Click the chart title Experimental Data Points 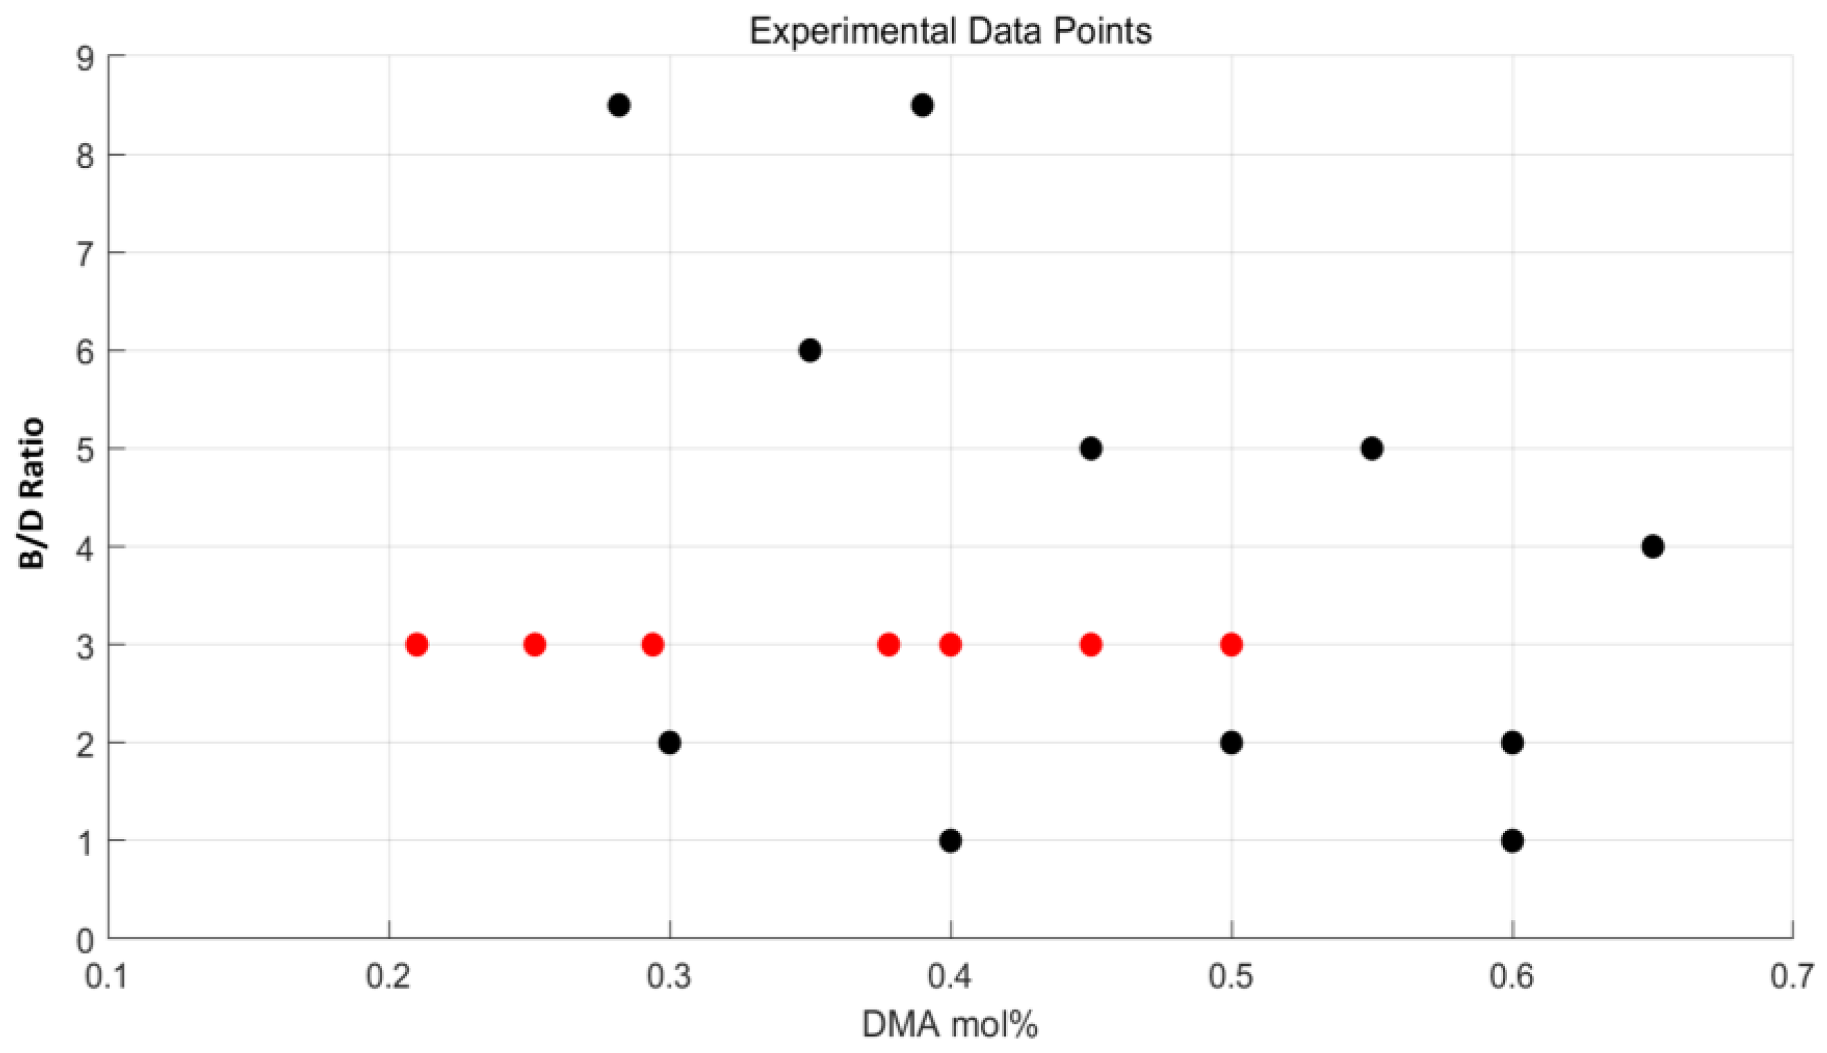950,31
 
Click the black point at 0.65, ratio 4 1653,547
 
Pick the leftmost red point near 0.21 417,643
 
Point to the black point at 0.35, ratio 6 811,351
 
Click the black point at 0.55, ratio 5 1372,448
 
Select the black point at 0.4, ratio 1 951,841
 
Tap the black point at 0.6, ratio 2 1512,743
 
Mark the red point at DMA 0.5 1232,643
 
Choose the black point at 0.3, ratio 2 670,743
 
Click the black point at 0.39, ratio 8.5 923,106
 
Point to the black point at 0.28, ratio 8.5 620,106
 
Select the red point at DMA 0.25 534,643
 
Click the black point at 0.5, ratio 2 1232,743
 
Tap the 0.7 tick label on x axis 1792,977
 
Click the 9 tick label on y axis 85,58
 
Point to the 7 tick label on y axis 85,254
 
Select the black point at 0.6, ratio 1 1512,841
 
